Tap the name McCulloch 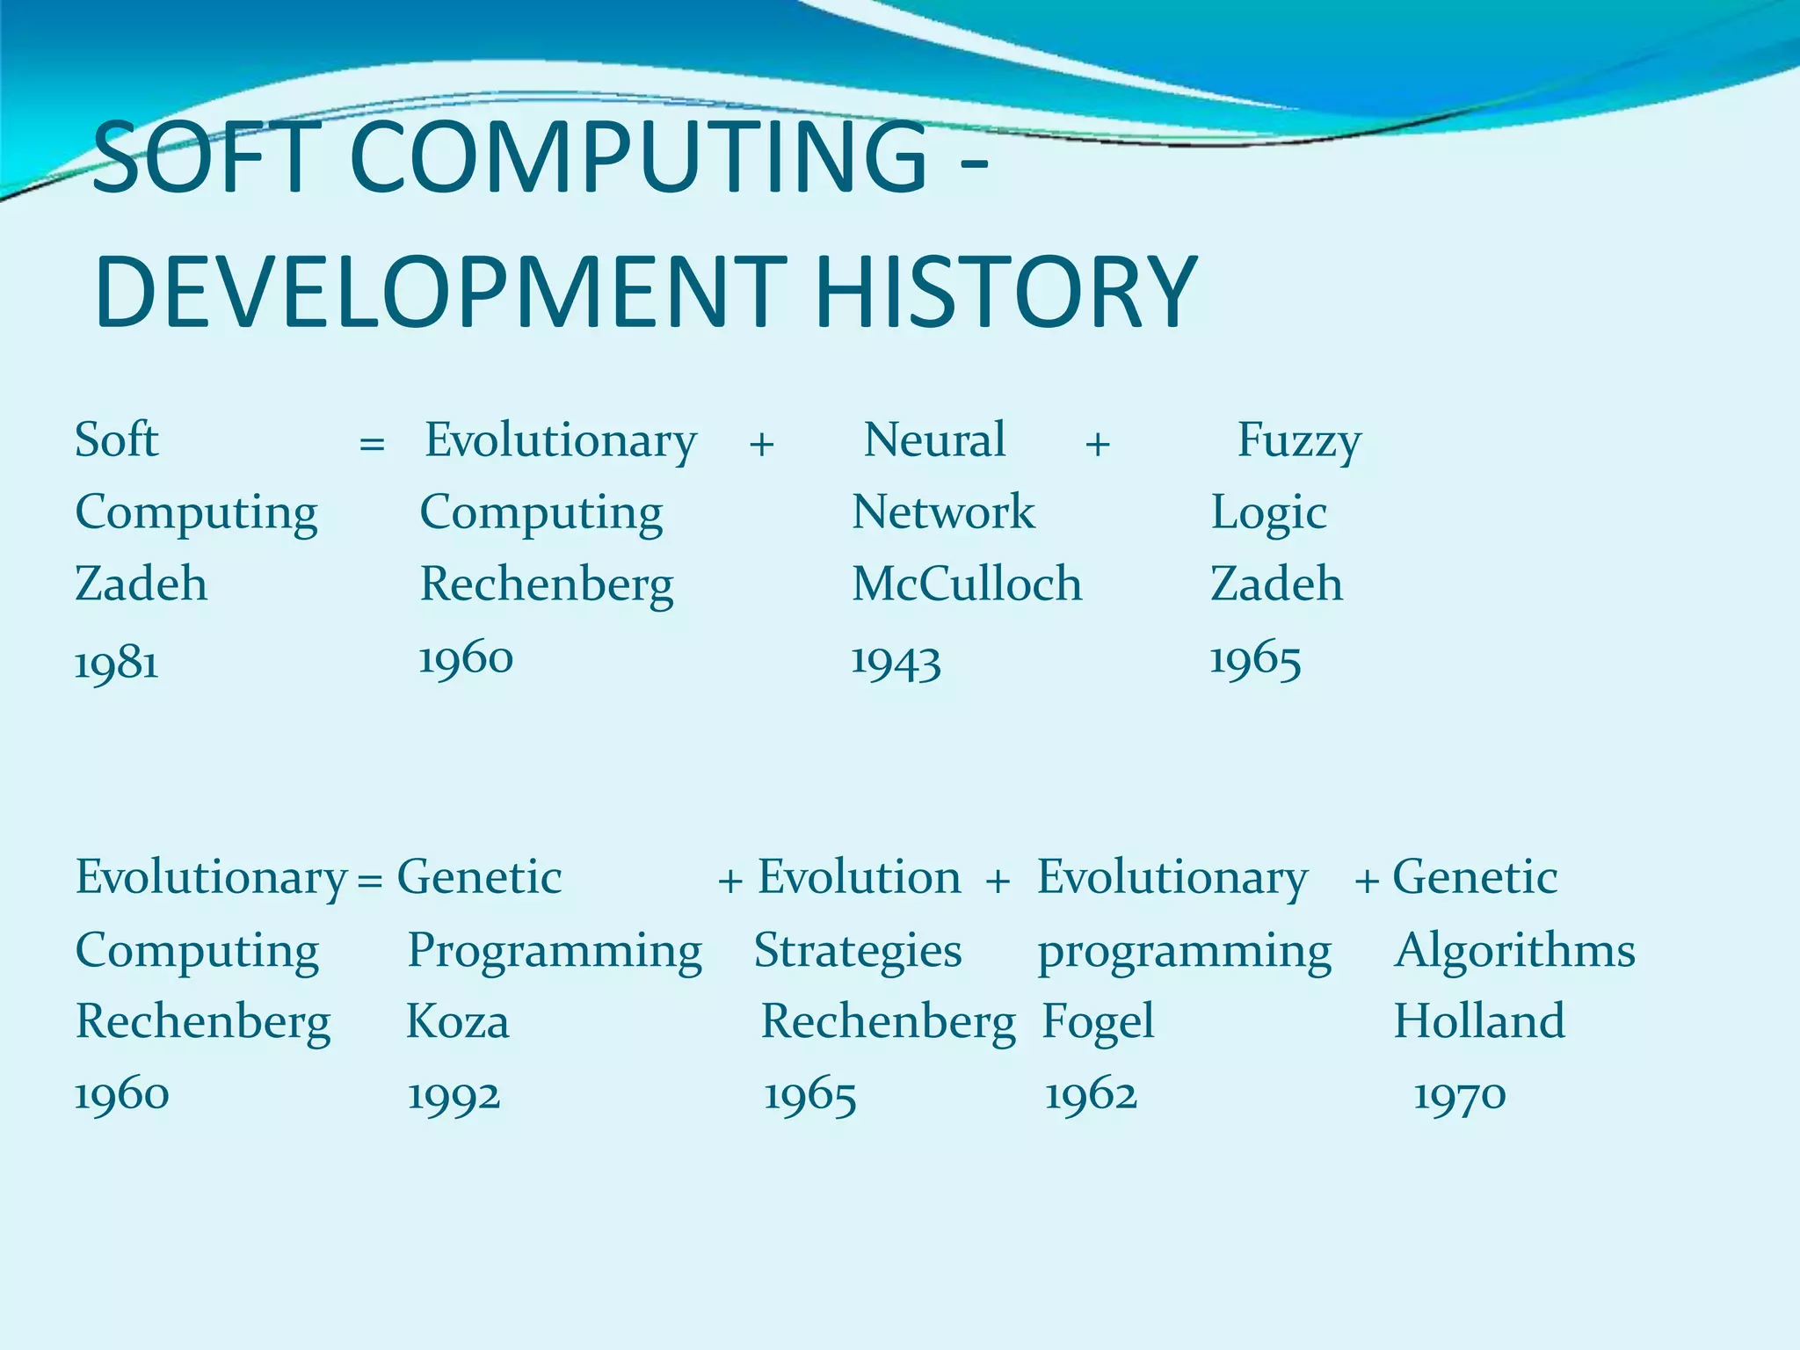pyautogui.click(x=967, y=584)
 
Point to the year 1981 pyautogui.click(x=117, y=663)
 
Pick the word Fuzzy pyautogui.click(x=1299, y=441)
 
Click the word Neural pyautogui.click(x=934, y=439)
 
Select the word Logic pyautogui.click(x=1268, y=513)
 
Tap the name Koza pyautogui.click(x=457, y=1022)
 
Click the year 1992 pyautogui.click(x=454, y=1096)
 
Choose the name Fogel pyautogui.click(x=1098, y=1022)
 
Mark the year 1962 pyautogui.click(x=1091, y=1096)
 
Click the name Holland pyautogui.click(x=1479, y=1021)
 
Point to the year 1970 pyautogui.click(x=1460, y=1096)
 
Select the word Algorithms pyautogui.click(x=1514, y=950)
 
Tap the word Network pyautogui.click(x=943, y=512)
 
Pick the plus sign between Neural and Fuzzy pyautogui.click(x=1097, y=444)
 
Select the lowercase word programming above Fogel pyautogui.click(x=1184, y=953)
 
